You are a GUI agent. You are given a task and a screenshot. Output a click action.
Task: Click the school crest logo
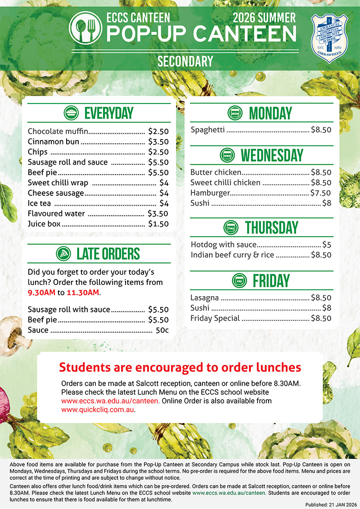point(330,38)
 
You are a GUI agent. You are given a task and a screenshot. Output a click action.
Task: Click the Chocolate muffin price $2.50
point(158,131)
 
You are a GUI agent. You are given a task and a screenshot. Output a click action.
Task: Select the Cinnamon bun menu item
point(54,142)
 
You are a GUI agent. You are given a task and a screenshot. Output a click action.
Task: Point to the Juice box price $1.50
point(158,224)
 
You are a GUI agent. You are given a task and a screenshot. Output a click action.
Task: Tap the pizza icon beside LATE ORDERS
point(63,253)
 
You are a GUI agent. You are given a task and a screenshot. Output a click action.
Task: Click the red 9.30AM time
point(41,293)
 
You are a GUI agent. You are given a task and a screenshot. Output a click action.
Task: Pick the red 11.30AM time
point(82,293)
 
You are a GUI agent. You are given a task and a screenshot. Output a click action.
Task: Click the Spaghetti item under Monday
point(207,130)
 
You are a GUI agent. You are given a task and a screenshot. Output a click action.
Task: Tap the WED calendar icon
point(228,155)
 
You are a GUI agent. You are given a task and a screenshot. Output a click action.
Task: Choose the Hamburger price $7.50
point(321,193)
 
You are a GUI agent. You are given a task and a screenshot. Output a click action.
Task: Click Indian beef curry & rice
point(232,255)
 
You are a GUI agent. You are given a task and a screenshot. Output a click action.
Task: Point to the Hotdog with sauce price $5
point(327,245)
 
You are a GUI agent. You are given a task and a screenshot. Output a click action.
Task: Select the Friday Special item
point(215,318)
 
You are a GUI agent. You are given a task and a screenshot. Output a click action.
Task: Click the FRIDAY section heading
point(271,280)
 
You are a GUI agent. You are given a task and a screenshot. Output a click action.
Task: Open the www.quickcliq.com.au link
point(98,410)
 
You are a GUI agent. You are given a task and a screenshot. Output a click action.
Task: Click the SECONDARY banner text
point(185,61)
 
